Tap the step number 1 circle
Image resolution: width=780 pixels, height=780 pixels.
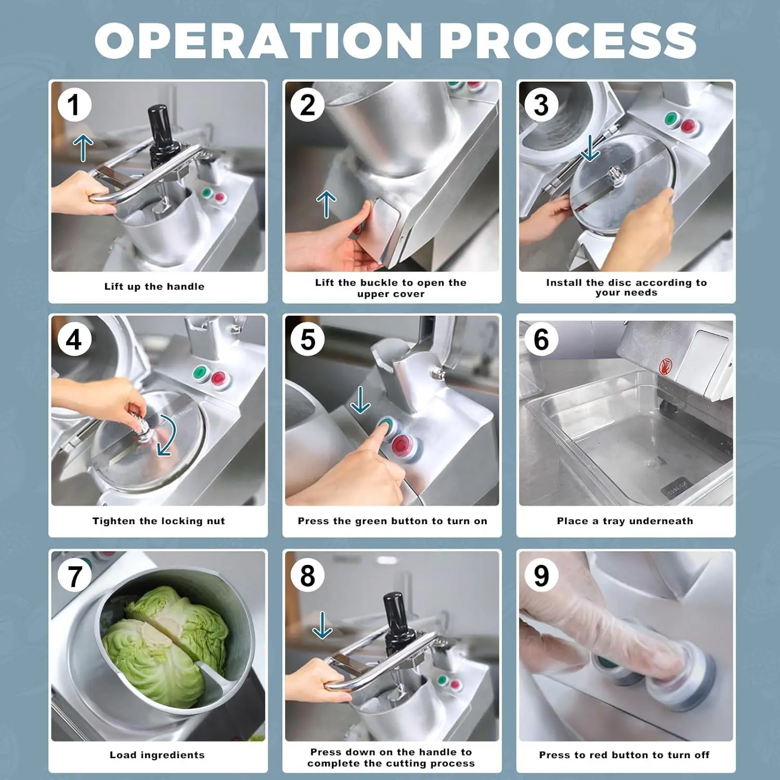click(x=74, y=105)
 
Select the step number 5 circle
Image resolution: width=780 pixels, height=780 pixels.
click(x=308, y=340)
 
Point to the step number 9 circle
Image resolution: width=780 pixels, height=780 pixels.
click(x=541, y=575)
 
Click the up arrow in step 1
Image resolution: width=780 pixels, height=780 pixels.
click(x=83, y=148)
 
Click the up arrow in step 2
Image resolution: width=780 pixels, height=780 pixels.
click(x=326, y=204)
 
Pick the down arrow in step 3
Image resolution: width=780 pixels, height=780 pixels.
click(x=590, y=148)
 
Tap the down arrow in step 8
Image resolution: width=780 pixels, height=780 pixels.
click(x=322, y=625)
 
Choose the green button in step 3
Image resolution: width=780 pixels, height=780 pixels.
click(x=672, y=119)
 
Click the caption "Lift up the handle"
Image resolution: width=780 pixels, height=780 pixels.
click(x=154, y=287)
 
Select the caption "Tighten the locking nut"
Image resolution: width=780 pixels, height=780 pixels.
click(x=159, y=521)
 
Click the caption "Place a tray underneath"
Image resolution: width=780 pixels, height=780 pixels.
click(x=625, y=521)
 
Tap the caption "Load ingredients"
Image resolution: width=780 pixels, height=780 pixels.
click(x=157, y=755)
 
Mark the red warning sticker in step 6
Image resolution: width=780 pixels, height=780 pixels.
click(x=666, y=366)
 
